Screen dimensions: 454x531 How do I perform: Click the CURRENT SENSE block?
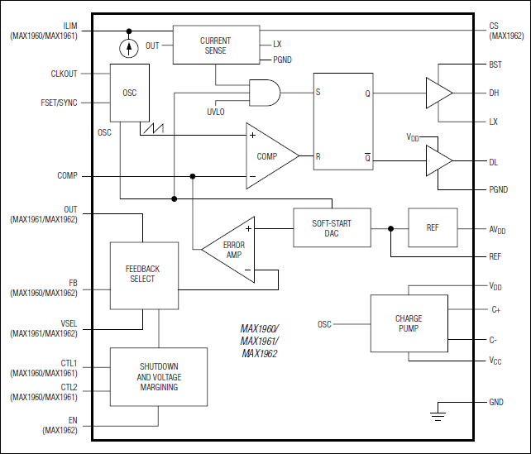pyautogui.click(x=215, y=45)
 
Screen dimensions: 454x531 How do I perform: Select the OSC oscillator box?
pyautogui.click(x=130, y=93)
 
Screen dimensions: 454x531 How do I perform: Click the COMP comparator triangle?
pyautogui.click(x=269, y=155)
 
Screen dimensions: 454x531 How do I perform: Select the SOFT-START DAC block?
pyautogui.click(x=332, y=227)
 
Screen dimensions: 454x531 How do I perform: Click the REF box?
pyautogui.click(x=432, y=227)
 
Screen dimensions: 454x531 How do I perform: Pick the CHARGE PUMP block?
pyautogui.click(x=408, y=323)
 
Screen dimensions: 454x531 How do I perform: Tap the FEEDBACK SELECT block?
pyautogui.click(x=143, y=275)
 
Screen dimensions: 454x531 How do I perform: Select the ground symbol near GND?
pyautogui.click(x=439, y=410)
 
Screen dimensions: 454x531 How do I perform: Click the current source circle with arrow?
pyautogui.click(x=128, y=47)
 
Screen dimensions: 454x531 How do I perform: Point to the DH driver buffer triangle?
pyautogui.click(x=438, y=93)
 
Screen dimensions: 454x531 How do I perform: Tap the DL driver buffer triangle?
pyautogui.click(x=438, y=160)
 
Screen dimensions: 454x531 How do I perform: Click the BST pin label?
pyautogui.click(x=495, y=65)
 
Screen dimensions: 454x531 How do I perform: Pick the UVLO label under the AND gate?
pyautogui.click(x=215, y=112)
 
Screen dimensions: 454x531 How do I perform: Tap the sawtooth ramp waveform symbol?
pyautogui.click(x=154, y=129)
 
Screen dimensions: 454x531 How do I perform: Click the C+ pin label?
pyautogui.click(x=495, y=309)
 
